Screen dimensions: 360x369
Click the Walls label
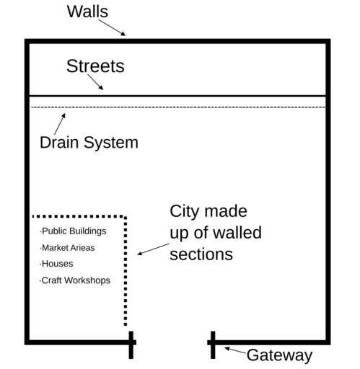tap(87, 12)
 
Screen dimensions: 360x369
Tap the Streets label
tap(95, 66)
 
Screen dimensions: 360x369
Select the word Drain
tap(59, 143)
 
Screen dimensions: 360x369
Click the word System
tap(111, 143)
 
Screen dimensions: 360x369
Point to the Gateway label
tap(279, 355)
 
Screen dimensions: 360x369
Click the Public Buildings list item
tap(73, 231)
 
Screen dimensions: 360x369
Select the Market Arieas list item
tap(67, 248)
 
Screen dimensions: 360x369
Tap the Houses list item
tap(56, 264)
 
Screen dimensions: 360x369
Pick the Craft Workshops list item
tap(75, 280)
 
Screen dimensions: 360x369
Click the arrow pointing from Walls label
tap(112, 27)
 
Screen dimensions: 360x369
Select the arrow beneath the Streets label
tap(95, 82)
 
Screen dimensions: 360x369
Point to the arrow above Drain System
tap(60, 124)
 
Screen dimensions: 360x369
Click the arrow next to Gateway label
tap(235, 350)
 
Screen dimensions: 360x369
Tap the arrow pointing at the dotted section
tap(153, 249)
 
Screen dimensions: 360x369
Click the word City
tap(185, 212)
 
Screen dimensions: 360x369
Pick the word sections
tap(201, 254)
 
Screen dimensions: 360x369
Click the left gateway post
tap(131, 345)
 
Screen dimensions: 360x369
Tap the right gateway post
tap(213, 345)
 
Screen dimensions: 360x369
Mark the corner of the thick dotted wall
tap(126, 217)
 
